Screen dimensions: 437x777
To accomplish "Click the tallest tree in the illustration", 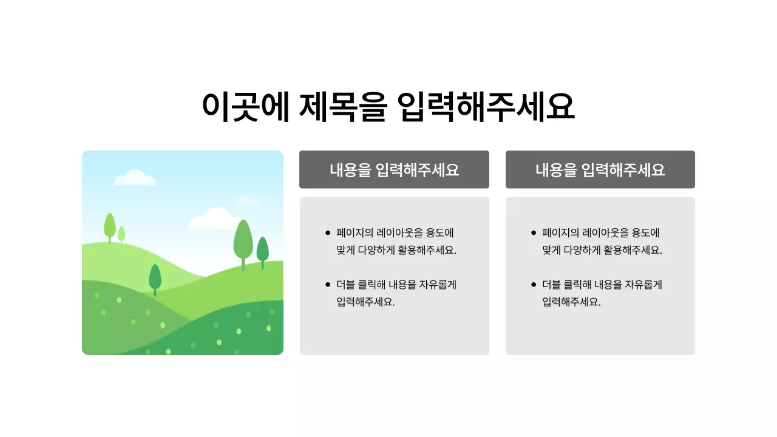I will (243, 241).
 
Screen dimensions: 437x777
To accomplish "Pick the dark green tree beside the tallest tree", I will (263, 250).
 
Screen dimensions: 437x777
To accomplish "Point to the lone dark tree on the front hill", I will (155, 278).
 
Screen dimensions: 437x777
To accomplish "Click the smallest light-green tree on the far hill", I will (121, 234).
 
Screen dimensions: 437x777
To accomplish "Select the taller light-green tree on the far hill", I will (110, 226).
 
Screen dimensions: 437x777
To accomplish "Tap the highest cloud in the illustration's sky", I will (135, 177).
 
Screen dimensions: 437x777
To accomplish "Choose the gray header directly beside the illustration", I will (394, 169).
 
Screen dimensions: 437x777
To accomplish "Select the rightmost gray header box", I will (600, 169).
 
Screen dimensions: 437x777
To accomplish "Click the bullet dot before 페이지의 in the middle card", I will (328, 232).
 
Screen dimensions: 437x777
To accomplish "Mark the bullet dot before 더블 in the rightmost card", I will (534, 284).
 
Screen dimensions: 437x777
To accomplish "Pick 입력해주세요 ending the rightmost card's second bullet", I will (571, 302).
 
